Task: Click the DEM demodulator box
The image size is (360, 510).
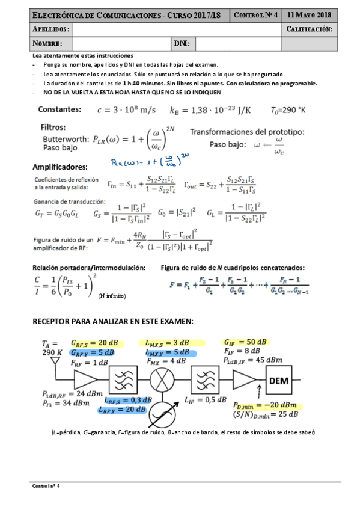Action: [x=281, y=381]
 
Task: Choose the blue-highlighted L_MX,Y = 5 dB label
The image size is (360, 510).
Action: [x=168, y=352]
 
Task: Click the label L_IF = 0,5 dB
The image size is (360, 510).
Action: [x=206, y=400]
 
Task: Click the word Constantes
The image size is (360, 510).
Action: [x=59, y=109]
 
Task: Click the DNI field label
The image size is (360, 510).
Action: [x=181, y=43]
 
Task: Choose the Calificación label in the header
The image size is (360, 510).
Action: [x=310, y=29]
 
